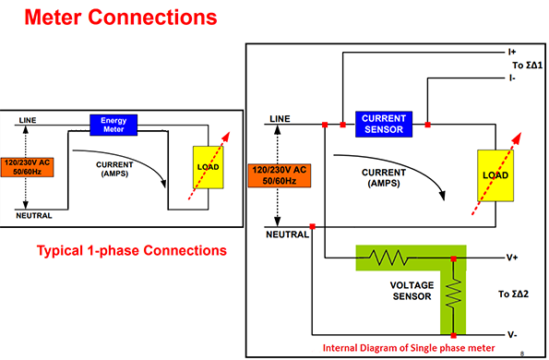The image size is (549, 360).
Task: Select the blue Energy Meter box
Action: tap(113, 126)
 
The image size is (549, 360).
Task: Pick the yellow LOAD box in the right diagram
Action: tap(492, 175)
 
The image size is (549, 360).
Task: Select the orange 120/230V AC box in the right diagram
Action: tap(277, 176)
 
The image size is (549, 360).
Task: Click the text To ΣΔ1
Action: tap(518, 67)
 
